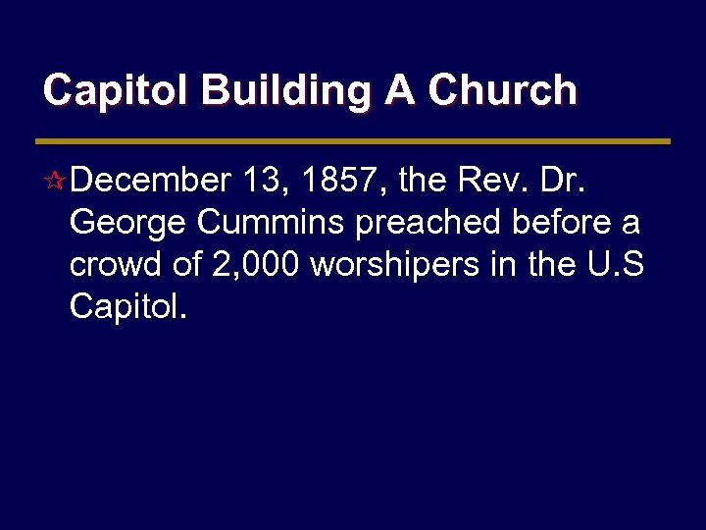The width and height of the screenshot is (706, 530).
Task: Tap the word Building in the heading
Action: click(x=287, y=91)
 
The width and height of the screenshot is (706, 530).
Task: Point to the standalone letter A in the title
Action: click(x=399, y=91)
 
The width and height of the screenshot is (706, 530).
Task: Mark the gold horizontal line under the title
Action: click(x=353, y=141)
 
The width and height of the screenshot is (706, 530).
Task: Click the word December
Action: click(x=150, y=182)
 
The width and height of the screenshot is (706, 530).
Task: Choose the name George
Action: click(x=128, y=224)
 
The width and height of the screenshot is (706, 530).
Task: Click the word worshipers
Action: click(x=396, y=267)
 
